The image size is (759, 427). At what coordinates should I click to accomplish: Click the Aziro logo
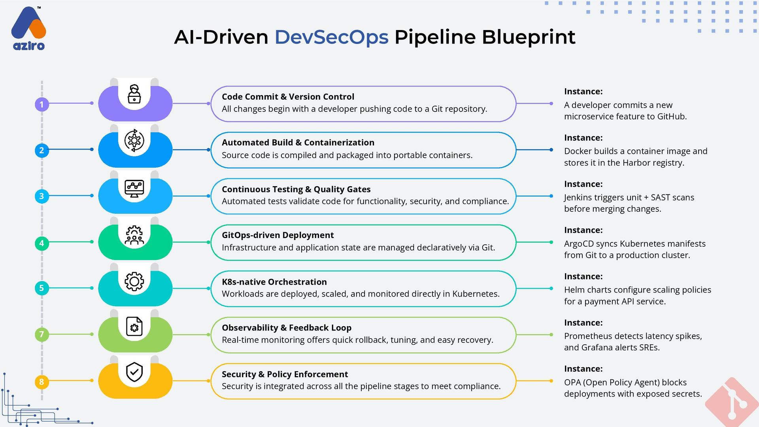point(28,28)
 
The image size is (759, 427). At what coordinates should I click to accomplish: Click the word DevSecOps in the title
point(331,37)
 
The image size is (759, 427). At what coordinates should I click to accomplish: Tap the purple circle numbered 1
point(42,104)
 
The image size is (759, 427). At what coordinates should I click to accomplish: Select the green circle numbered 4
point(42,243)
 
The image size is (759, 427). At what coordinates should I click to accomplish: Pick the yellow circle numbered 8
point(42,382)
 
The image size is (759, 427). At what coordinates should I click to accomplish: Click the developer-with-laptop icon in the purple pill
point(134,94)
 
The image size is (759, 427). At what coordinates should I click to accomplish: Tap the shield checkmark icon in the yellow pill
point(134,372)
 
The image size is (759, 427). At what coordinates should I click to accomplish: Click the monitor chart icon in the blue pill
point(134,188)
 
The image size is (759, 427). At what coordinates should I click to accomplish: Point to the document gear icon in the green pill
point(134,327)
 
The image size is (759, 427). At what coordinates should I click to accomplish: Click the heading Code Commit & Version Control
point(288,97)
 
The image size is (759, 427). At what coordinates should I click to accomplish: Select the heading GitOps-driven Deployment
point(278,235)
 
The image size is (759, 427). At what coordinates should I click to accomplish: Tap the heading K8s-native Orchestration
point(274,282)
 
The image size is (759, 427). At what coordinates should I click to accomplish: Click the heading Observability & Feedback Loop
point(286,328)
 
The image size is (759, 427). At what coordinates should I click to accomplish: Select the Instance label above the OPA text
point(583,369)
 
